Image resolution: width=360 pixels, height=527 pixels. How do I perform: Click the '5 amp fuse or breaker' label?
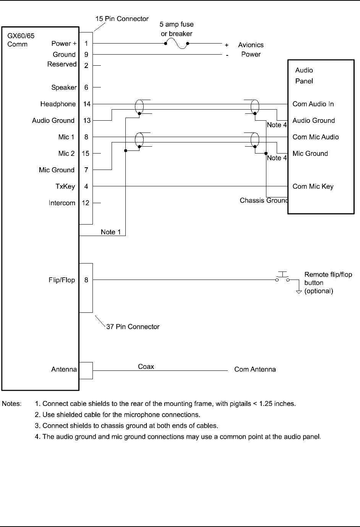177,29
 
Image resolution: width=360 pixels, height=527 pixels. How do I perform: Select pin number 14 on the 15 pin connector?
87,104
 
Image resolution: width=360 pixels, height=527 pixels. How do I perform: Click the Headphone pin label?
58,104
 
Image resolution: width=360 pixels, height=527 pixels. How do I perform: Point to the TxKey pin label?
65,186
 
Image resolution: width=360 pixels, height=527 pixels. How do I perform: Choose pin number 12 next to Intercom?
86,203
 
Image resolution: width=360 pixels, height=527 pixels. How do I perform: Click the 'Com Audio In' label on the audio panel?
313,104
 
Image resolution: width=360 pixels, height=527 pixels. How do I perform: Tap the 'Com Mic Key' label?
313,186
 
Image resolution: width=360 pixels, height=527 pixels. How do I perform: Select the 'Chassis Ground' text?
264,200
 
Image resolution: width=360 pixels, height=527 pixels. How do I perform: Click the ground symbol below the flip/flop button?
299,292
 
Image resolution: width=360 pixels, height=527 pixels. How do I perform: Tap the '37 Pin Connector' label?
133,327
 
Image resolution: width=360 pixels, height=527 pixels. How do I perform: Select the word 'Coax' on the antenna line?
146,367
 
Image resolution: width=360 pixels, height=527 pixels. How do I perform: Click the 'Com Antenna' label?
255,369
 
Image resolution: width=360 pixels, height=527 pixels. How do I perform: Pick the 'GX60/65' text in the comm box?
21,36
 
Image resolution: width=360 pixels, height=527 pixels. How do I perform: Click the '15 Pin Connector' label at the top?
122,19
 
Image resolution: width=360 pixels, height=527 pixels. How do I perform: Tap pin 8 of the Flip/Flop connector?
86,280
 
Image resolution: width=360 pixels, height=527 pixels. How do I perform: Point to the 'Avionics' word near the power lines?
251,45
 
